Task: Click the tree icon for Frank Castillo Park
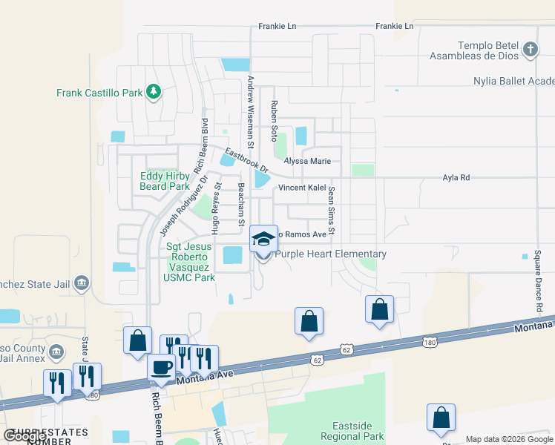(153, 91)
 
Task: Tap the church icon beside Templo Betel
(530, 50)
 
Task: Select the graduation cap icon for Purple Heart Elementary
(263, 239)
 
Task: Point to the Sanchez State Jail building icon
(82, 282)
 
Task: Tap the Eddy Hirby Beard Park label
(164, 181)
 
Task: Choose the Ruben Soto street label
(274, 122)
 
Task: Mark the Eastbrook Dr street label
(246, 162)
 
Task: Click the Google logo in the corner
(24, 436)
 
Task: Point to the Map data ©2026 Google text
(509, 439)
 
